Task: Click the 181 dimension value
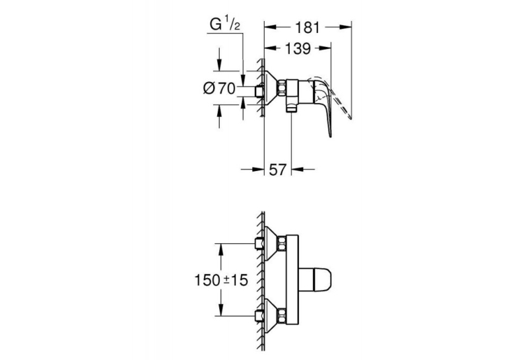pyautogui.click(x=307, y=27)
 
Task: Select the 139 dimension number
pyautogui.click(x=298, y=48)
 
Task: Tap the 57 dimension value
pyautogui.click(x=278, y=170)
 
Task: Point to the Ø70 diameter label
pyautogui.click(x=219, y=88)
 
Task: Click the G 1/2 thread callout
pyautogui.click(x=225, y=24)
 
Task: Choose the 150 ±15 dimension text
pyautogui.click(x=221, y=280)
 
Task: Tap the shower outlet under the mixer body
pyautogui.click(x=291, y=108)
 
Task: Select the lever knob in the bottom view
pyautogui.click(x=316, y=279)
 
